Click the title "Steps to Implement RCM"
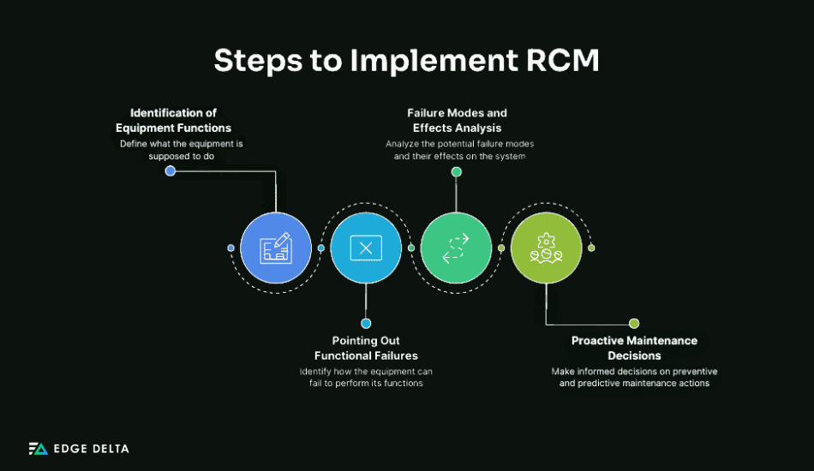(x=406, y=61)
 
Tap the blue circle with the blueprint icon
(x=276, y=248)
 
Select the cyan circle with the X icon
(x=366, y=248)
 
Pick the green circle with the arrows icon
(x=456, y=248)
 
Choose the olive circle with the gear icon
(x=547, y=248)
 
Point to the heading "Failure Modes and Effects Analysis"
(x=456, y=121)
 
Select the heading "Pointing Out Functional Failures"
(x=366, y=348)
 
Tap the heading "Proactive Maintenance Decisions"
(x=634, y=348)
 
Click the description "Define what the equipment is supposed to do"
(x=181, y=150)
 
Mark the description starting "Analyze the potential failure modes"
(x=459, y=150)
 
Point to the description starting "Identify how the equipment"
(x=366, y=377)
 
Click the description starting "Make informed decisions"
(x=634, y=377)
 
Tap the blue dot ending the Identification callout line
(x=171, y=171)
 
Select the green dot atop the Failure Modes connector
(x=457, y=171)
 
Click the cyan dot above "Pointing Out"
(x=366, y=324)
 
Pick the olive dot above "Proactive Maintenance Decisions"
(x=634, y=324)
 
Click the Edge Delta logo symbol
(x=38, y=448)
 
